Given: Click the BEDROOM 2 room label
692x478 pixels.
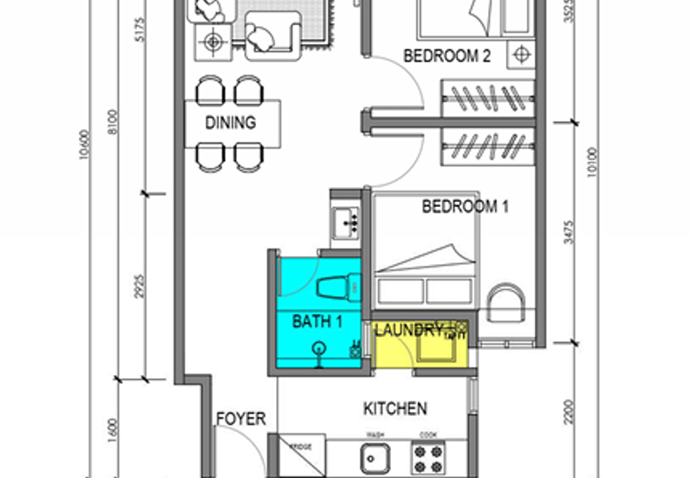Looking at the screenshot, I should [447, 57].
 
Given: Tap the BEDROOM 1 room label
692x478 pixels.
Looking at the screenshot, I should [465, 207].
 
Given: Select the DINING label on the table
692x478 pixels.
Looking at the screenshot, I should [230, 123].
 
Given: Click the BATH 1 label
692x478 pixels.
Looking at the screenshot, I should [317, 322].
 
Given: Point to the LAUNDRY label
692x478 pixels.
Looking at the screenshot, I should [409, 329].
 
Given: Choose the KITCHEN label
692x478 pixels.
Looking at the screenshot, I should [394, 408].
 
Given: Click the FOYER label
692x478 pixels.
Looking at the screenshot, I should [240, 420].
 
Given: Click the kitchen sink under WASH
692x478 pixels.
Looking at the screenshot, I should [375, 455].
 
